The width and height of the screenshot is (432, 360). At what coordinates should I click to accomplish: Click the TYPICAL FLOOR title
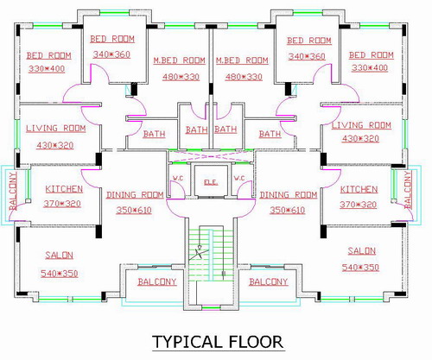click(x=218, y=342)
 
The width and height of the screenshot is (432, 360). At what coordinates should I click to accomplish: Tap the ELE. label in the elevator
click(x=211, y=182)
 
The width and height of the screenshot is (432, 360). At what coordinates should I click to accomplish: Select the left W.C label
click(x=178, y=178)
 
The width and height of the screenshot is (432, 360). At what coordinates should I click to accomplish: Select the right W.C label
click(x=239, y=178)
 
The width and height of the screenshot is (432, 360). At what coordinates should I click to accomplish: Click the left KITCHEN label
click(x=64, y=189)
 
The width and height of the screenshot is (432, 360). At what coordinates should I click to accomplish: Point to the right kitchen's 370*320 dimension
click(x=358, y=205)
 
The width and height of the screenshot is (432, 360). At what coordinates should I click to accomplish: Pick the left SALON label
click(x=59, y=256)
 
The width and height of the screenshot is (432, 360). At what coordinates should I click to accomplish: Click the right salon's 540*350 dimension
click(x=360, y=268)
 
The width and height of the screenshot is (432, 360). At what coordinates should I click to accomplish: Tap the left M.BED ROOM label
click(x=179, y=60)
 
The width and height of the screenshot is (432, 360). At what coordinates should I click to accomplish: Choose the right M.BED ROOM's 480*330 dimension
click(x=244, y=77)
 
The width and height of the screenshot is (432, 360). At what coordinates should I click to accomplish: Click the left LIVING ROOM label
click(x=56, y=129)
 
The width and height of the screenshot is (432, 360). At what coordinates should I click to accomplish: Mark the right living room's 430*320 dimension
click(x=360, y=139)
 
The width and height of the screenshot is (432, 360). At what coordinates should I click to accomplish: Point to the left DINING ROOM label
click(x=135, y=195)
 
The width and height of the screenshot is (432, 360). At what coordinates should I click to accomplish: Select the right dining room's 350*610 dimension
click(x=287, y=211)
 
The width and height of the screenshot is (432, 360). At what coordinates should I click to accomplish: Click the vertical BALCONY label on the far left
click(x=13, y=191)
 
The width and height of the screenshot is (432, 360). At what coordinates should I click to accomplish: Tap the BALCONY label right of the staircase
click(x=269, y=281)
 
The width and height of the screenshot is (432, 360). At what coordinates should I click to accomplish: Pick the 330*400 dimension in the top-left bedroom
click(x=47, y=69)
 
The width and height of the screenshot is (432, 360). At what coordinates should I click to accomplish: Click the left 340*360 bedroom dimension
click(x=111, y=54)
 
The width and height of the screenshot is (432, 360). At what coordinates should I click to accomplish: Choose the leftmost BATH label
click(x=154, y=134)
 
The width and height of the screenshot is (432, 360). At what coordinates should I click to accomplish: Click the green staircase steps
click(x=211, y=253)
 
